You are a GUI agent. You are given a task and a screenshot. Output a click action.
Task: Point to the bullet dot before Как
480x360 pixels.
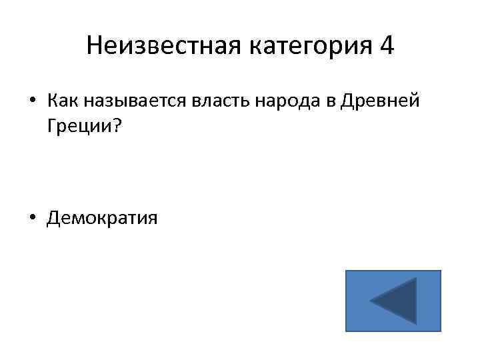pyautogui.click(x=33, y=101)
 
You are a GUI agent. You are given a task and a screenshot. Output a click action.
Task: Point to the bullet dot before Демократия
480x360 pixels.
pyautogui.click(x=33, y=218)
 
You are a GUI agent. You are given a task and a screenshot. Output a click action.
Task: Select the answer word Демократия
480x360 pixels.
pyautogui.click(x=102, y=218)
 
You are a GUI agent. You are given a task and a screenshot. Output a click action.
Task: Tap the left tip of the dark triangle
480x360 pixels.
pyautogui.click(x=372, y=302)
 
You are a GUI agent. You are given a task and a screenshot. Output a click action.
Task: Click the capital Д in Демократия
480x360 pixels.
pyautogui.click(x=53, y=218)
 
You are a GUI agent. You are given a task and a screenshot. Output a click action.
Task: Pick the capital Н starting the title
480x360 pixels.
pyautogui.click(x=94, y=46)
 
